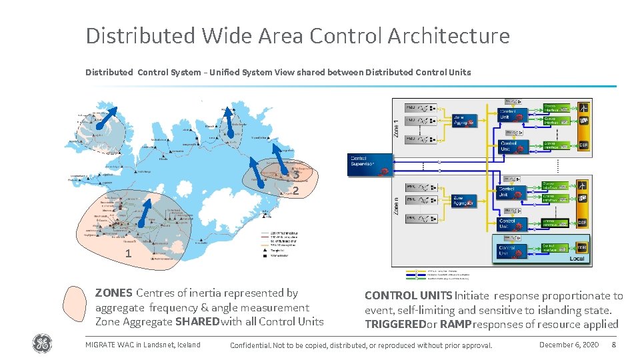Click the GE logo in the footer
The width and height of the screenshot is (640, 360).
[x=41, y=344]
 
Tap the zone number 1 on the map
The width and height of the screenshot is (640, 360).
[x=128, y=253]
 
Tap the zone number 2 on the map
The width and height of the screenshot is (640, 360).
[x=295, y=191]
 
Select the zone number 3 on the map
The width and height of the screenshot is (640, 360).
[x=295, y=175]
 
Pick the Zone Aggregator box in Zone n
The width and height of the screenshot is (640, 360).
[x=464, y=199]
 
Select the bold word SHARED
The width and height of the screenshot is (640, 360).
[x=197, y=322]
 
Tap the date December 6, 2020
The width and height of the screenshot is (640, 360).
[x=569, y=345]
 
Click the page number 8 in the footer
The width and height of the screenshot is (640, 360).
[x=613, y=345]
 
